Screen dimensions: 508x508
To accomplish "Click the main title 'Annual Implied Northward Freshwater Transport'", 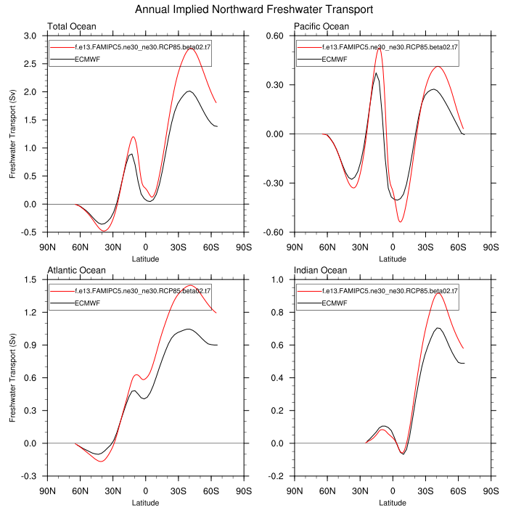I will [254, 10].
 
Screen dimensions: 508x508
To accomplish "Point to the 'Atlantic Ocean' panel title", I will [76, 271].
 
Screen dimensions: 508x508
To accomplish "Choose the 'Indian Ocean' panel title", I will [320, 271].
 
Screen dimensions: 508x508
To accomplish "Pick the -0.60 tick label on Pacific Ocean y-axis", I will [275, 232].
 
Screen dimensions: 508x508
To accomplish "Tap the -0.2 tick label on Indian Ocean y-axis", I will [276, 476].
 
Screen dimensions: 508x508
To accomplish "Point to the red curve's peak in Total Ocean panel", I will [191, 48].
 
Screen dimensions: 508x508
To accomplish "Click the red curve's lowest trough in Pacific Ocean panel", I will [400, 221].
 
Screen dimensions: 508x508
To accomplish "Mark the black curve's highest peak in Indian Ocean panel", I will [438, 328].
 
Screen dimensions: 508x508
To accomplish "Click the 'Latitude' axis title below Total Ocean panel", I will [145, 258].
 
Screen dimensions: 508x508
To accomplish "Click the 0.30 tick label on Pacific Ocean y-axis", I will [276, 85].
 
